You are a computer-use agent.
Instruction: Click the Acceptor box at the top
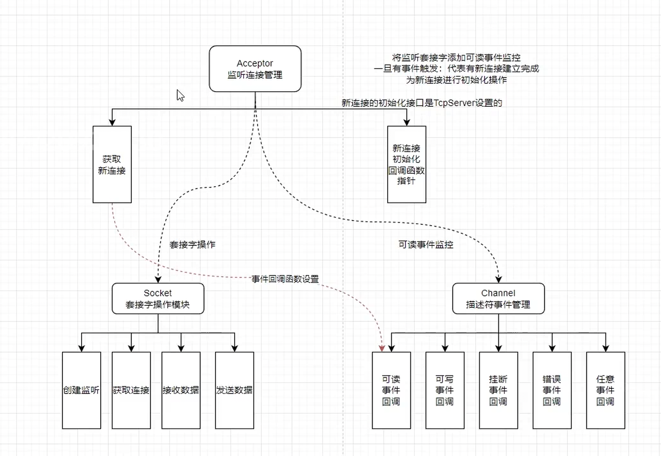[x=255, y=69]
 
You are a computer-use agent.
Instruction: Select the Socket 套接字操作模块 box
[x=158, y=298]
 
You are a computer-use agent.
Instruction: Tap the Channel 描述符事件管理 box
[x=498, y=298]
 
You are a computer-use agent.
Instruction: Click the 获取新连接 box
[x=112, y=164]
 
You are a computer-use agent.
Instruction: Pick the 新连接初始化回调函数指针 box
[x=407, y=164]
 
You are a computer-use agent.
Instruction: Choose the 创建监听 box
[x=82, y=390]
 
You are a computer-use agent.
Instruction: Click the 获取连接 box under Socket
[x=131, y=390]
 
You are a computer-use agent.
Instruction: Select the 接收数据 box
[x=181, y=390]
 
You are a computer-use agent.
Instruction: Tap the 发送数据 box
[x=235, y=390]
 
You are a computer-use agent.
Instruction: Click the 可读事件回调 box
[x=391, y=390]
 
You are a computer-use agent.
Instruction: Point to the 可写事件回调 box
[x=445, y=390]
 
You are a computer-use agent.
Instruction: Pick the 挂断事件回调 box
[x=498, y=390]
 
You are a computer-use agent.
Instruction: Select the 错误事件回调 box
[x=552, y=390]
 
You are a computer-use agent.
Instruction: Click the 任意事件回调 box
[x=606, y=390]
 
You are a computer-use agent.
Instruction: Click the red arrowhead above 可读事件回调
[x=382, y=348]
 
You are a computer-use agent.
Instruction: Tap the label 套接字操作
[x=192, y=244]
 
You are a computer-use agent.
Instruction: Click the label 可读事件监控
[x=426, y=244]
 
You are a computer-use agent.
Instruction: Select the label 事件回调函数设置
[x=285, y=279]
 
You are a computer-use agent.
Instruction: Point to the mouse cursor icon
[x=180, y=96]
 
